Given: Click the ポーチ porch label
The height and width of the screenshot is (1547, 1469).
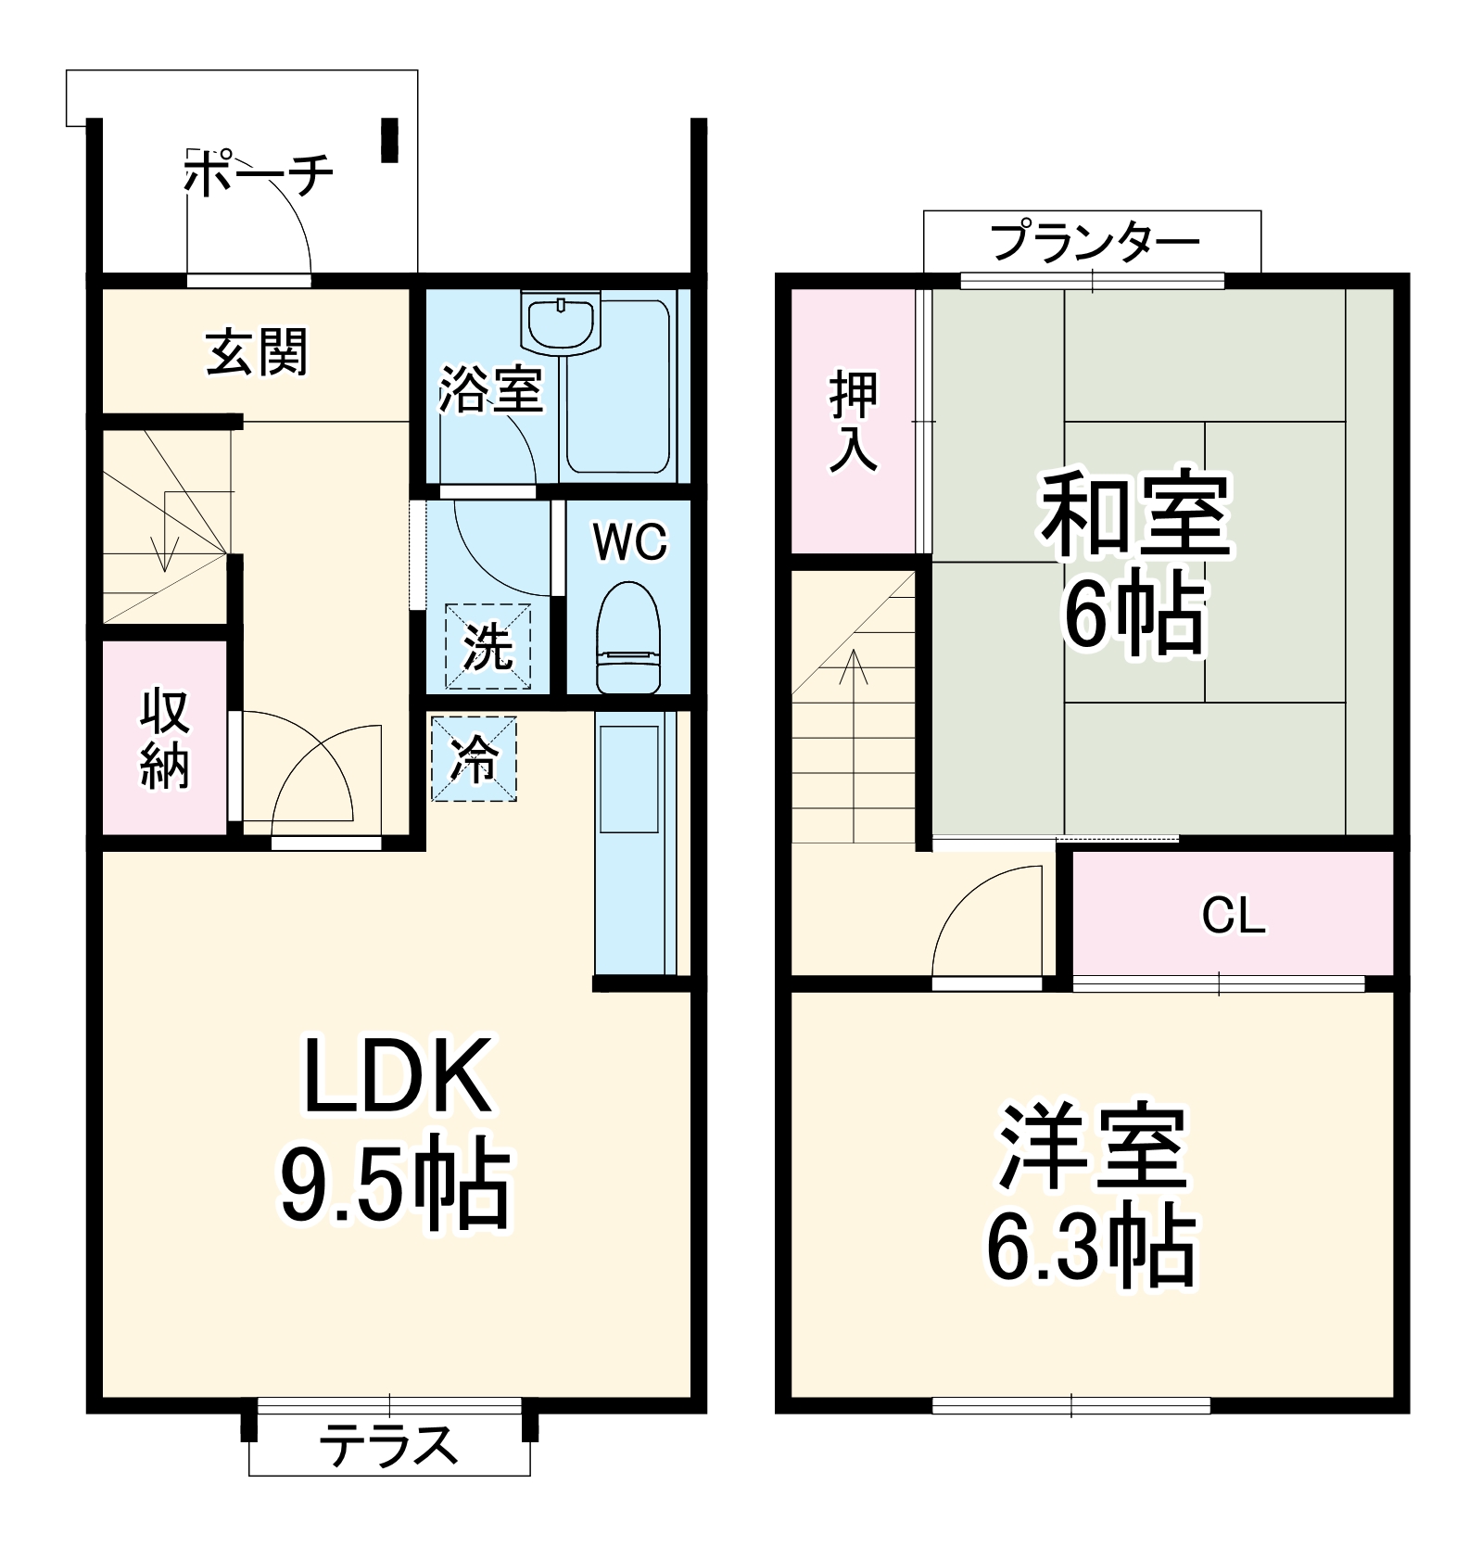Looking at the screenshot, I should [x=258, y=174].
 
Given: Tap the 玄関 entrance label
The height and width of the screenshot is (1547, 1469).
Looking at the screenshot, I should [x=256, y=353].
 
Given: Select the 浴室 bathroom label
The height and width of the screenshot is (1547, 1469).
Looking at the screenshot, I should [x=490, y=389].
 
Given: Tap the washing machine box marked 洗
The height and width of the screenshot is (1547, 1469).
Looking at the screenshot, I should [x=488, y=646].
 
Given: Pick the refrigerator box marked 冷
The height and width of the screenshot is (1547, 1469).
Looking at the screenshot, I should [x=474, y=758].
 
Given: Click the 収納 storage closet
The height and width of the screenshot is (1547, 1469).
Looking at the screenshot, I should [x=165, y=739].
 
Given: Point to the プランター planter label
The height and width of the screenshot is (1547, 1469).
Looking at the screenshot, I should [x=1095, y=242].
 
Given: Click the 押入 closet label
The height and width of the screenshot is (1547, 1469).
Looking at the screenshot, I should [x=853, y=421].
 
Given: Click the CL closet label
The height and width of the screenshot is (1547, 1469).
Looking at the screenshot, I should [x=1233, y=916].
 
